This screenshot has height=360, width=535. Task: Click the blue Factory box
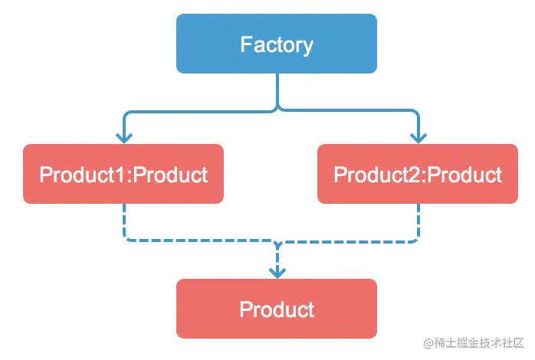pyautogui.click(x=277, y=44)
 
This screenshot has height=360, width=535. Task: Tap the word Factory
pyautogui.click(x=277, y=44)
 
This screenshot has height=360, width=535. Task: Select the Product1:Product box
pyautogui.click(x=123, y=174)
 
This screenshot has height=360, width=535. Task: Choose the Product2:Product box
pyautogui.click(x=418, y=174)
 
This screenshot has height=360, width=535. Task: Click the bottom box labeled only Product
pyautogui.click(x=277, y=309)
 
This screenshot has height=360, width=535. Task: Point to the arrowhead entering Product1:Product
pyautogui.click(x=124, y=138)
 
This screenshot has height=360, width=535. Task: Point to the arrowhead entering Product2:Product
pyautogui.click(x=418, y=138)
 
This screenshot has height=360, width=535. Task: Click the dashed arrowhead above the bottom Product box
pyautogui.click(x=277, y=273)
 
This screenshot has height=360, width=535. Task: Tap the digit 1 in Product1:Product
pyautogui.click(x=120, y=175)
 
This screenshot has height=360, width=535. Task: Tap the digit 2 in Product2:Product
pyautogui.click(x=414, y=175)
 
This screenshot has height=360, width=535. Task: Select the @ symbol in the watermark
pyautogui.click(x=428, y=343)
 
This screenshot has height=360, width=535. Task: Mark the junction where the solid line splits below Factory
pyautogui.click(x=277, y=110)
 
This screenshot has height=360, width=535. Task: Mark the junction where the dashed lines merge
pyautogui.click(x=277, y=242)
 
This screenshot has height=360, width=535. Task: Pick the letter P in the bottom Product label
pyautogui.click(x=245, y=309)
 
